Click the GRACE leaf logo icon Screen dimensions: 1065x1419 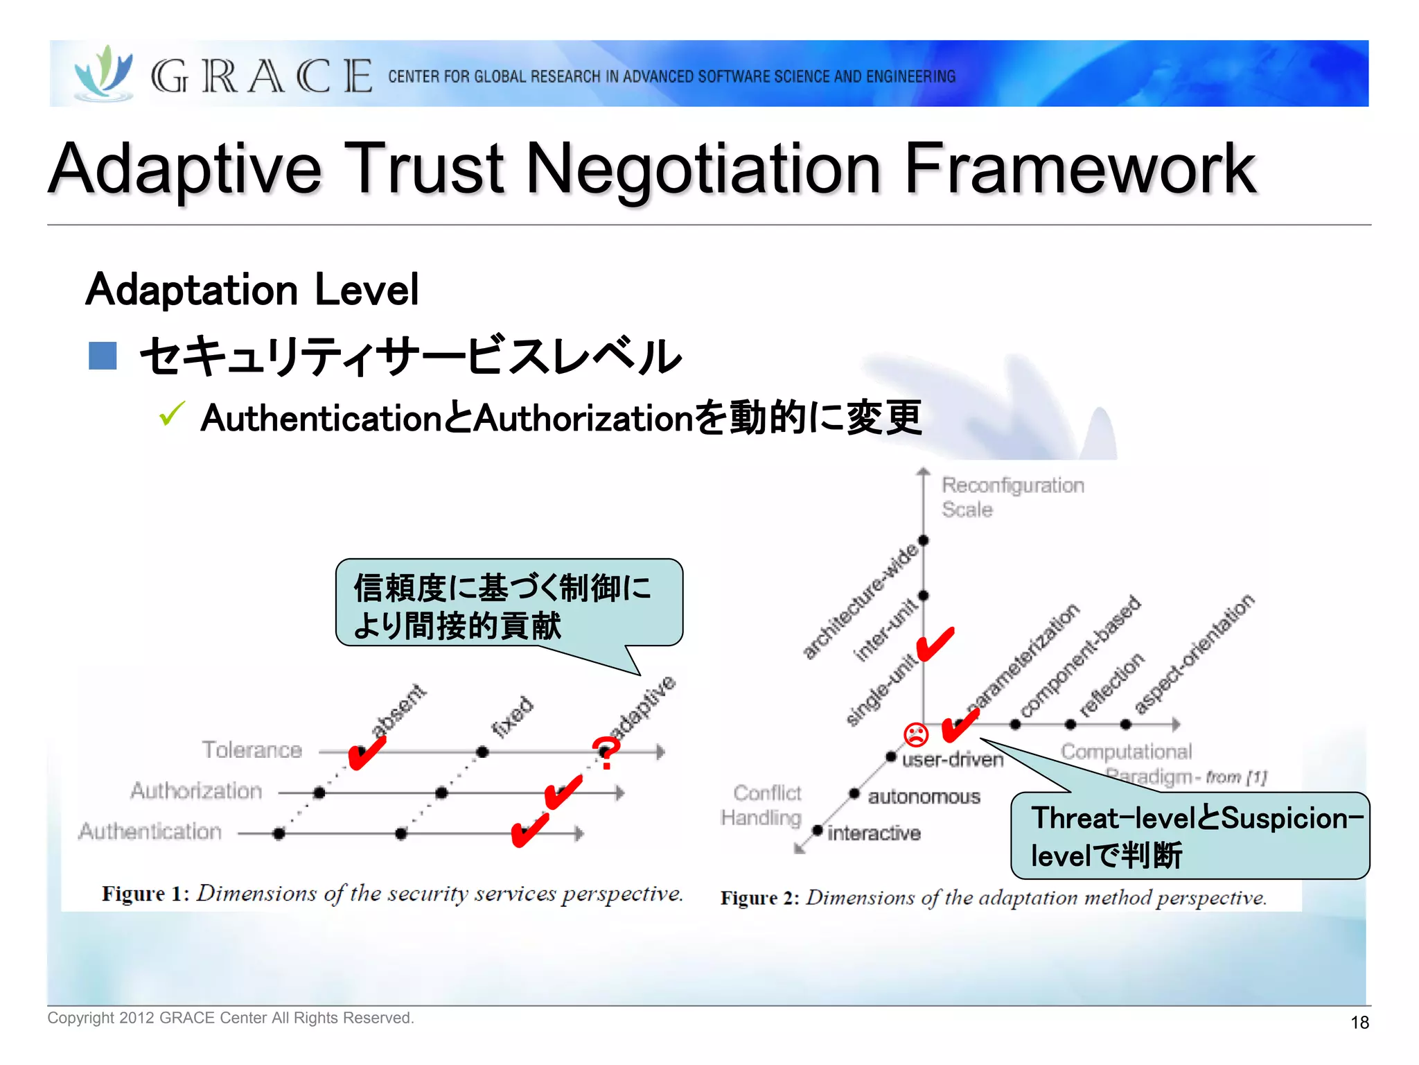click(104, 73)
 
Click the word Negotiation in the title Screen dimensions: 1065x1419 click(703, 169)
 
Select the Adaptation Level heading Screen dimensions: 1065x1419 click(252, 289)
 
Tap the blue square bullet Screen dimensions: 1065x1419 click(103, 356)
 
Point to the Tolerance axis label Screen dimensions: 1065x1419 click(252, 750)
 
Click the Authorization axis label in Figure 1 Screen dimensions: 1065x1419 click(197, 790)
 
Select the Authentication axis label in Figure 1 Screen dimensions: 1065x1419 click(150, 831)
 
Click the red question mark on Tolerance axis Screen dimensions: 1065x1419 click(606, 753)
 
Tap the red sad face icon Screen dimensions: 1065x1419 click(915, 734)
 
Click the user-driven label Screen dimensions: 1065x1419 click(953, 760)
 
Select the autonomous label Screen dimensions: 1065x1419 click(924, 797)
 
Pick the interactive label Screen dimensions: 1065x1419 click(874, 833)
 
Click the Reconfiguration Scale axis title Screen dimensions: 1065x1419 click(1012, 497)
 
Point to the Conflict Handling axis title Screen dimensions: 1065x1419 click(762, 805)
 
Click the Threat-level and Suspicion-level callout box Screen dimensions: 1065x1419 click(1190, 836)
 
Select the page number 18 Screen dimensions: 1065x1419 click(1359, 1022)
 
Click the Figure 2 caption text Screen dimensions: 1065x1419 click(994, 898)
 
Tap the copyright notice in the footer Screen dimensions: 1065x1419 click(231, 1018)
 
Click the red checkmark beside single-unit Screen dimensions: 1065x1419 click(935, 645)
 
